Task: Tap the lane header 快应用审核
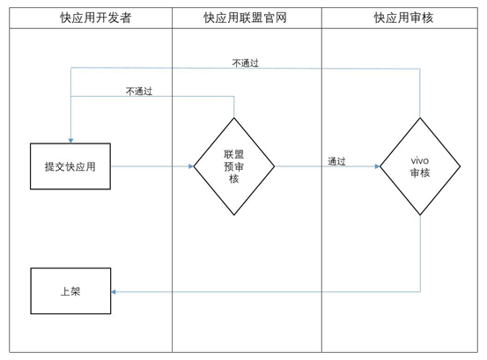coord(403,17)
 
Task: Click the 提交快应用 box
coord(70,165)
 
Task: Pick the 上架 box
coord(70,291)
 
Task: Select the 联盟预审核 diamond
coord(234,165)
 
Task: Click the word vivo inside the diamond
coord(419,160)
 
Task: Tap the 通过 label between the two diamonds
coord(336,161)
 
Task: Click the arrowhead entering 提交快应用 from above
coord(70,139)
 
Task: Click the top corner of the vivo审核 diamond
coord(419,117)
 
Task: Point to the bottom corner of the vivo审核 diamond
coord(419,215)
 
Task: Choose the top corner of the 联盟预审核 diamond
coord(234,117)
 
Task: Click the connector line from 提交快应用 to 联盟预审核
coord(150,165)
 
